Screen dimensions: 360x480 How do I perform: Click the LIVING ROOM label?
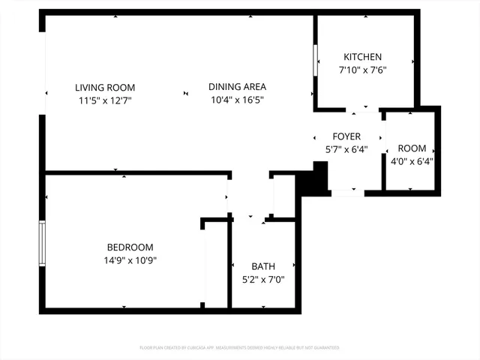(x=105, y=87)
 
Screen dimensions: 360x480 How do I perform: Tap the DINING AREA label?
(x=237, y=87)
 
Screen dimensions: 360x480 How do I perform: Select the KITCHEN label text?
(x=363, y=58)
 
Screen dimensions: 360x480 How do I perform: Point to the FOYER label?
(x=347, y=136)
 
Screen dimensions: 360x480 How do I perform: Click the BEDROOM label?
(x=130, y=247)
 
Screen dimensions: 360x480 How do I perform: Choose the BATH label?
(x=263, y=266)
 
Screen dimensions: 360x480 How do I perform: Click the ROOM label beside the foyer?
(x=412, y=148)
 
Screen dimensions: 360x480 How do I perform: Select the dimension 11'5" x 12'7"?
(x=105, y=100)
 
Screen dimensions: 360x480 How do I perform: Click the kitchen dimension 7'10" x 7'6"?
(x=363, y=70)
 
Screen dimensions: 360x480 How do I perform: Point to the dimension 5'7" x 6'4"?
(x=347, y=149)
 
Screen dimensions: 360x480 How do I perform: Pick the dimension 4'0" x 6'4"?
(x=412, y=161)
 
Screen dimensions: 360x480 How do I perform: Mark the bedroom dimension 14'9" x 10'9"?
(x=130, y=260)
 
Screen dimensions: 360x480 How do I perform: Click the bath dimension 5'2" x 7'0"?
(x=263, y=280)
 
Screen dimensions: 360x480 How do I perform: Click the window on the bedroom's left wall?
(x=43, y=243)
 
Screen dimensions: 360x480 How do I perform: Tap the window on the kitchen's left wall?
(x=316, y=60)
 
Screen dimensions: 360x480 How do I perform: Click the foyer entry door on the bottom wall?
(x=347, y=193)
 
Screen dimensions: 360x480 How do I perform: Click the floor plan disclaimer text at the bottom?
(x=240, y=348)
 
